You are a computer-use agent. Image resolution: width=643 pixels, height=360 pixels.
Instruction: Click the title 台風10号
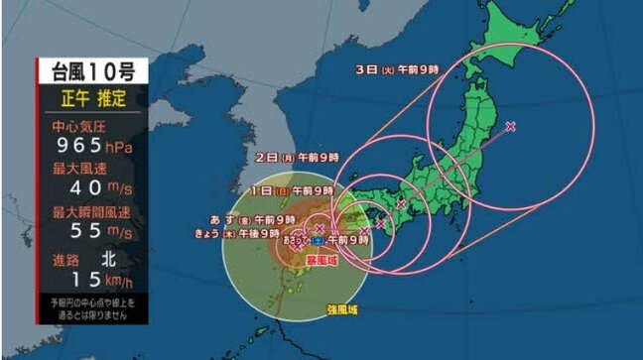pyautogui.click(x=92, y=70)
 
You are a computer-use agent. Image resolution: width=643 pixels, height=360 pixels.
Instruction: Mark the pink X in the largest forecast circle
pyautogui.click(x=510, y=126)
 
